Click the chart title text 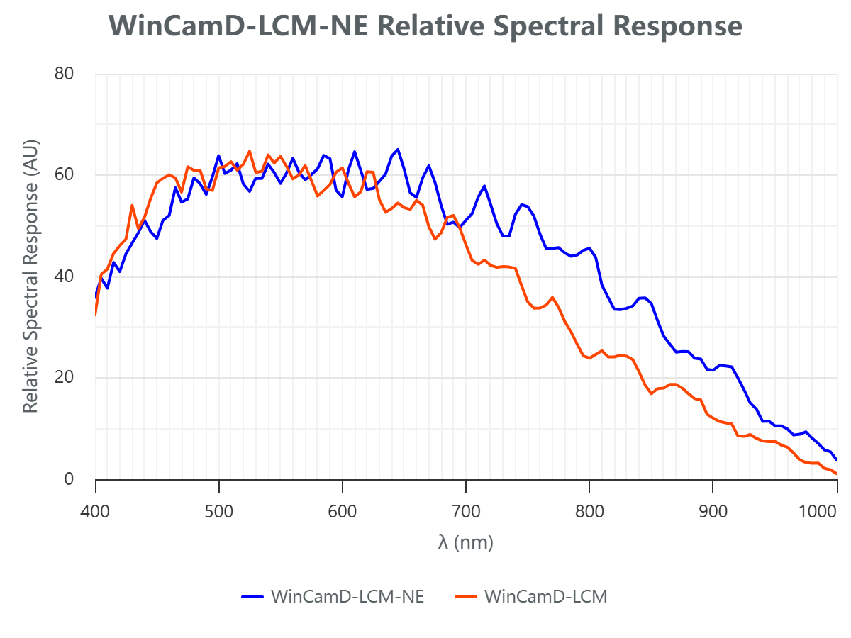(425, 27)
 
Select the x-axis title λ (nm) (466, 543)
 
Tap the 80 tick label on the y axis (65, 73)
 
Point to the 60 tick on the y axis (65, 175)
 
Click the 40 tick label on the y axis (65, 276)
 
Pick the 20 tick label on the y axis (65, 378)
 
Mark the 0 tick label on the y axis (69, 479)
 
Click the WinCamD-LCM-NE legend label (347, 597)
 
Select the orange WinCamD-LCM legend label (545, 597)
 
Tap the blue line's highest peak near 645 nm (398, 149)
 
